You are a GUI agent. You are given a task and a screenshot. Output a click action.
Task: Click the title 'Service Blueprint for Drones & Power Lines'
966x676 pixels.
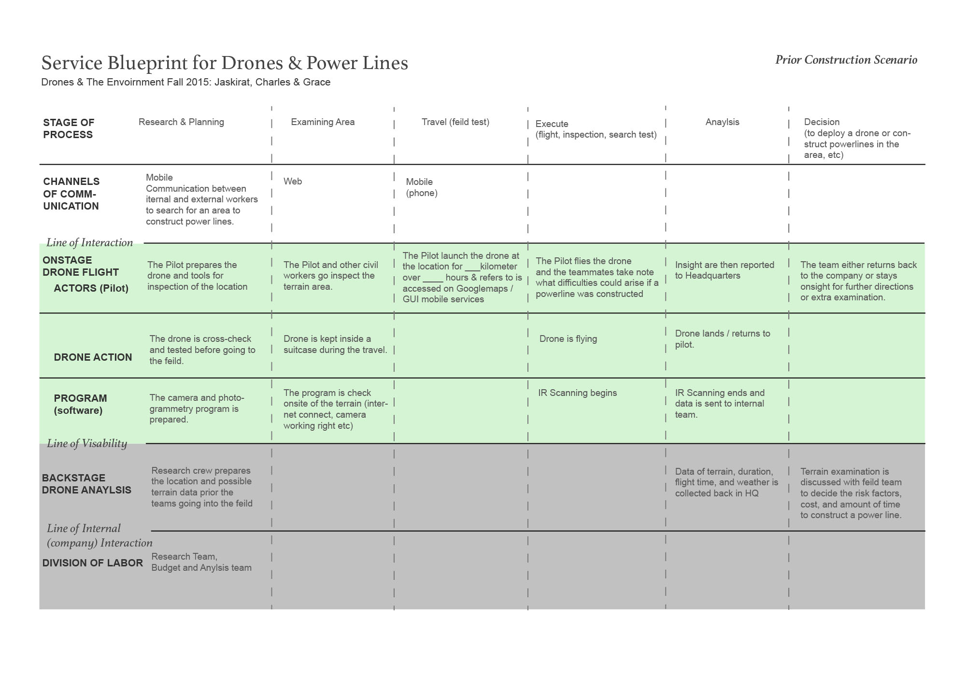coord(225,63)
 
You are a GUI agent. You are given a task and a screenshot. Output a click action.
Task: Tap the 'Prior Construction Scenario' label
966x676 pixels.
coord(846,60)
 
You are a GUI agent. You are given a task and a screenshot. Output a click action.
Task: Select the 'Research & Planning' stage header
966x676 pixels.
coord(181,122)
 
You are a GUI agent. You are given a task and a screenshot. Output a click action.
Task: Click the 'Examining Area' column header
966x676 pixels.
coord(323,122)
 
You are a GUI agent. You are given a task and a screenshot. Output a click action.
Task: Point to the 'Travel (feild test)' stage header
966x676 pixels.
coord(455,122)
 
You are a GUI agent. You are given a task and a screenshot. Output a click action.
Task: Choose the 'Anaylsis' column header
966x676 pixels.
coord(722,122)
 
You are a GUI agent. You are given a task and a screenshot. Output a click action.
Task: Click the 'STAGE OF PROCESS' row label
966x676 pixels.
coord(69,128)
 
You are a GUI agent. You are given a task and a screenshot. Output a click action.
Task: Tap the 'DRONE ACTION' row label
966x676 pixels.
coord(93,357)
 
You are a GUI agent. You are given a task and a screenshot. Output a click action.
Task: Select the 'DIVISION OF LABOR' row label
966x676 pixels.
coord(92,563)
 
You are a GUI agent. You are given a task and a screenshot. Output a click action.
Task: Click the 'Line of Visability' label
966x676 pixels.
coord(87,443)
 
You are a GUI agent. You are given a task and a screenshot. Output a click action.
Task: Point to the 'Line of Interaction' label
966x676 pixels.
coord(89,242)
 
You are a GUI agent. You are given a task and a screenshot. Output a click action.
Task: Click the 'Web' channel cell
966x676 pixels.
coord(293,182)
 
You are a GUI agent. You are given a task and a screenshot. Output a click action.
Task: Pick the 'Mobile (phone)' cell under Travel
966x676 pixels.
coord(421,187)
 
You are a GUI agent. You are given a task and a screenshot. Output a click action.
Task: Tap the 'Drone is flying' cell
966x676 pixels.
coord(568,339)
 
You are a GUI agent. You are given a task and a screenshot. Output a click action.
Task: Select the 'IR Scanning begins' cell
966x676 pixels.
coord(577,393)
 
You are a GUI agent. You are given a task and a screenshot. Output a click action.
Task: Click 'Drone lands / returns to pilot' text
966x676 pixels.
coord(722,339)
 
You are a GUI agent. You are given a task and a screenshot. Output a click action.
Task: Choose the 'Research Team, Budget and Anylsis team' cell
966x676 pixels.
coord(201,562)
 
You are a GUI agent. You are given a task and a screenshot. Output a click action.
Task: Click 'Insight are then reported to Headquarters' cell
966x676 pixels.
coord(724,270)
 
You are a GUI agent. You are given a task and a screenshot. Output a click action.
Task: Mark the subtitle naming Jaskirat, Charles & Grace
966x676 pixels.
coord(186,82)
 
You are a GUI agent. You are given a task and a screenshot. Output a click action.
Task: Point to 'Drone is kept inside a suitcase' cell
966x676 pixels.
coord(335,344)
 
